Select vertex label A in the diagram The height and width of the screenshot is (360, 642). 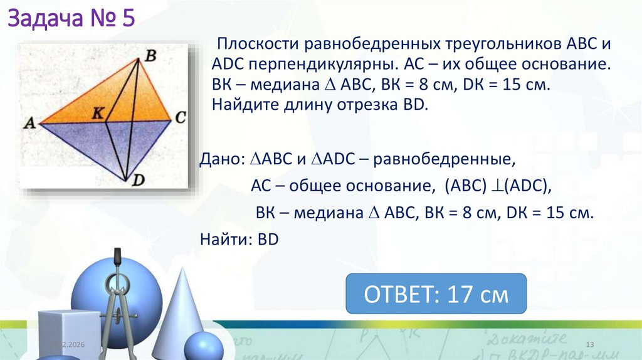point(28,124)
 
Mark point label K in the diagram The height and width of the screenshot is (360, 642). point(97,113)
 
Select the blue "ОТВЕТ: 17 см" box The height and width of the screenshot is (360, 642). point(436,294)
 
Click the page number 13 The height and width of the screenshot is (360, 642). point(589,346)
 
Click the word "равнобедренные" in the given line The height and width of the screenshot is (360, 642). point(438,159)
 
